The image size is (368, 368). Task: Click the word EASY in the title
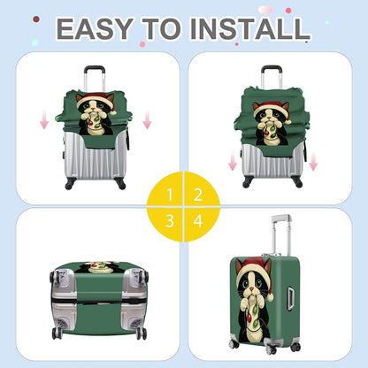pos(94,28)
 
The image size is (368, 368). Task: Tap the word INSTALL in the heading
pos(249,28)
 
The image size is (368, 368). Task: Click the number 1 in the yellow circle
pos(170,195)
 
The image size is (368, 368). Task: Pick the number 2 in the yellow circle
pos(198,195)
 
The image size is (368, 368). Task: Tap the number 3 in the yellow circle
pos(170,220)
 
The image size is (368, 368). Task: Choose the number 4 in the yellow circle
pos(198,220)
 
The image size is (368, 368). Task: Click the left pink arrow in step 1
pos(44,119)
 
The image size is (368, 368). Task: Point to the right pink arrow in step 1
pos(147,119)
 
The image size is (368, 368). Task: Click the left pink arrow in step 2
pos(233,160)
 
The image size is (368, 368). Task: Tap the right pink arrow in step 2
pos(313,161)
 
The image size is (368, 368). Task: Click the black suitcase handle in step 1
pos(95,70)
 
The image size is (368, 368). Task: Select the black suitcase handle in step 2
pos(272,70)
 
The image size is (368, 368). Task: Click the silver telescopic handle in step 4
pos(281,234)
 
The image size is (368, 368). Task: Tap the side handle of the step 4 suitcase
pos(290,299)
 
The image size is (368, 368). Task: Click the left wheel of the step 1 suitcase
pos(69,185)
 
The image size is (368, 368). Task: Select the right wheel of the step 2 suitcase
pos(298,183)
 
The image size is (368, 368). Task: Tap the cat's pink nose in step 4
pos(252,287)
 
